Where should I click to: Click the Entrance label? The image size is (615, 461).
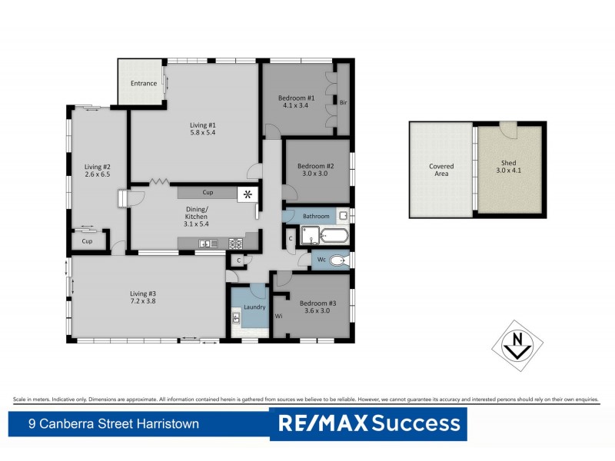pos(144,84)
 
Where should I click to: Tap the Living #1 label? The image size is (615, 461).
pos(203,124)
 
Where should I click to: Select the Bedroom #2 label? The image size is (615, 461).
pos(315,166)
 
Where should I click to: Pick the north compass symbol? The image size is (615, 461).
pos(517,344)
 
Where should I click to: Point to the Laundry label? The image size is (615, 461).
pos(254,307)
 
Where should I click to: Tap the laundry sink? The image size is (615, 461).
pos(237,317)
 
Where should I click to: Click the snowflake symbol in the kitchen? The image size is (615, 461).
pos(248,194)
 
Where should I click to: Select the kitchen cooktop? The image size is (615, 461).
pos(234,244)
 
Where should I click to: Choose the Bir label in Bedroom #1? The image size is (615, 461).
pos(343,101)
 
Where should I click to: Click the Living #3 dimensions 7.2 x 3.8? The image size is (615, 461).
pos(142,301)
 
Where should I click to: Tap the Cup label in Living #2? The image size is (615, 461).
pos(88,241)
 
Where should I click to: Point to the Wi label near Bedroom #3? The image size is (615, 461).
pos(278,315)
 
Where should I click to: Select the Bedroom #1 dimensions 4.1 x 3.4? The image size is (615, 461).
pos(296,106)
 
